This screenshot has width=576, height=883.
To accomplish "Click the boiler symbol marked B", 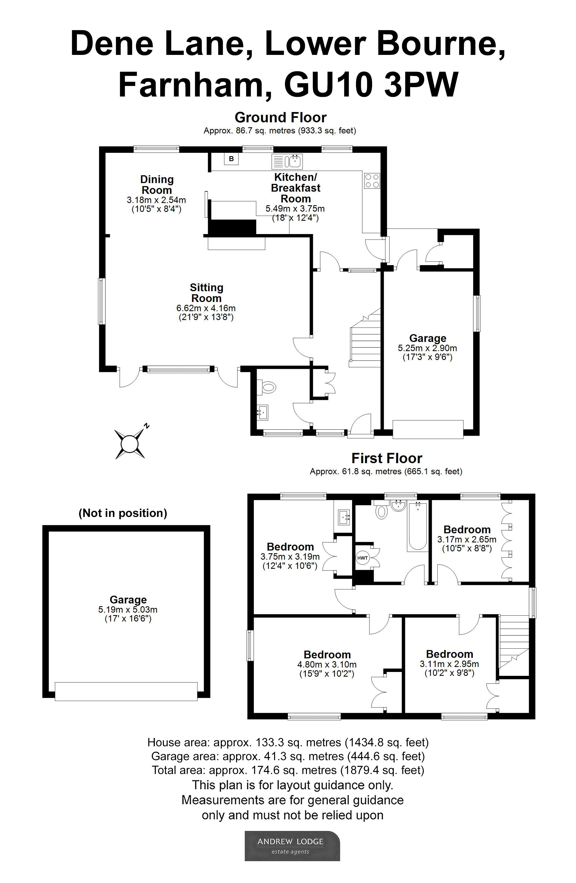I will tap(231, 159).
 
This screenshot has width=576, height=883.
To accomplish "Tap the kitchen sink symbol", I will tap(287, 162).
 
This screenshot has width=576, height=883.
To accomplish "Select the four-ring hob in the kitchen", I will tap(372, 181).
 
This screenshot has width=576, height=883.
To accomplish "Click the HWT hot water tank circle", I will tap(362, 558).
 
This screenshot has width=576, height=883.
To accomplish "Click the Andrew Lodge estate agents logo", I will tap(292, 846).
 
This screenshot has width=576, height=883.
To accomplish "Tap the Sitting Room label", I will tap(206, 293).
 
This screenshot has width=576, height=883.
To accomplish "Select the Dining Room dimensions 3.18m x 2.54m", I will tap(156, 200).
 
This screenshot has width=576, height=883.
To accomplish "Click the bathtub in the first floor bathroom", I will tap(418, 526).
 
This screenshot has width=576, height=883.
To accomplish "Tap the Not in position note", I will tap(123, 513).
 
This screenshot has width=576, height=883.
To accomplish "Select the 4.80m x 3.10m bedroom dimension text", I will tap(327, 664).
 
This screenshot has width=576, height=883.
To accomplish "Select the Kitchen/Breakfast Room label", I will tap(295, 188).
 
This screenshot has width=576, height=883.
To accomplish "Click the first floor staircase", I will tap(513, 645).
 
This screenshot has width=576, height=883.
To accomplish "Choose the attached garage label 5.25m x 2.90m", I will tap(427, 348).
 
